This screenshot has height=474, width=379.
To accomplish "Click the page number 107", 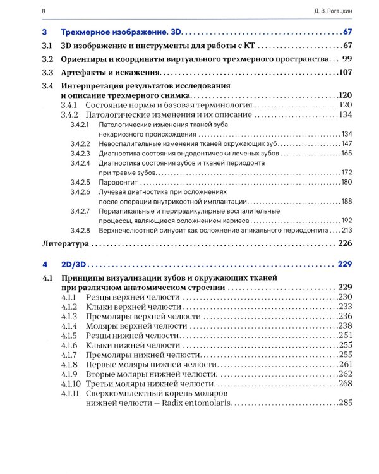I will [344, 73].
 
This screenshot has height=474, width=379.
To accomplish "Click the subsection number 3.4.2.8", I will [80, 229].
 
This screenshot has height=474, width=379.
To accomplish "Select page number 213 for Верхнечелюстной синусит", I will [346, 229].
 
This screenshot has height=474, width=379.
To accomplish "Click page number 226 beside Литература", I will [344, 243].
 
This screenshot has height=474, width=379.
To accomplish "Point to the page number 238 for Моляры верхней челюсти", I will [345, 325].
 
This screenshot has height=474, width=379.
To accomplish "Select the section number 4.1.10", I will [71, 384].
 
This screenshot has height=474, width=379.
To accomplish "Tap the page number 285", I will [345, 403].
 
